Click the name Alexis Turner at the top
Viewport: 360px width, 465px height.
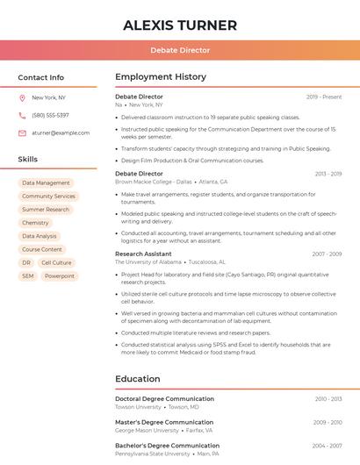click(x=180, y=25)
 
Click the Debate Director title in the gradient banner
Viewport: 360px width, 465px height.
click(x=180, y=51)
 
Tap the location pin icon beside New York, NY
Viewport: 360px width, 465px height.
click(x=23, y=98)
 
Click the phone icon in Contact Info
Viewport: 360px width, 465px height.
click(x=23, y=116)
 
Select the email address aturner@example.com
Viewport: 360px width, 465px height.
click(x=61, y=133)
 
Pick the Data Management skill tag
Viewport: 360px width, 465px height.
click(x=46, y=183)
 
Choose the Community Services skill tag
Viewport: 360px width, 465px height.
click(x=48, y=197)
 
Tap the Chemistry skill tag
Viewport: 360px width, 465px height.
click(x=35, y=223)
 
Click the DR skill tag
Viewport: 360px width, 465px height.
click(x=26, y=262)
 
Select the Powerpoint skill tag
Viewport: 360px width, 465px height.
click(x=60, y=275)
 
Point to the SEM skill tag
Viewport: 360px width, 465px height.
click(x=28, y=275)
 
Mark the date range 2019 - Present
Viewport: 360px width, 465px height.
click(x=324, y=97)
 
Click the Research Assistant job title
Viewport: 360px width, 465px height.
click(x=143, y=254)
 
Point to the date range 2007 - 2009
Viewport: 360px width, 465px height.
click(x=327, y=254)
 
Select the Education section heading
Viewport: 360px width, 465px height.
click(x=138, y=379)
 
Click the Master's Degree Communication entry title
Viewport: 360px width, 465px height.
click(x=164, y=422)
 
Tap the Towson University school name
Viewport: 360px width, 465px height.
click(x=138, y=407)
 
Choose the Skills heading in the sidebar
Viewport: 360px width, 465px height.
click(x=28, y=160)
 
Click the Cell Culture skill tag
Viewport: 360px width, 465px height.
click(x=56, y=262)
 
